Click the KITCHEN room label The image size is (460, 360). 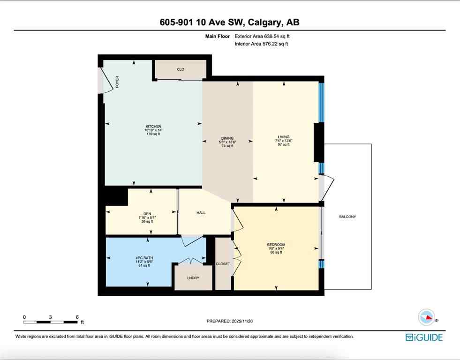(x=153, y=127)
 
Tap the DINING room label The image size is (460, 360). (x=227, y=138)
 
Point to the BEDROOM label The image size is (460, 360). (x=276, y=245)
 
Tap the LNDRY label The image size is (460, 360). (x=193, y=278)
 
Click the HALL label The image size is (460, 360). (x=201, y=213)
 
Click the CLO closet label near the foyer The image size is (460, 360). (x=181, y=69)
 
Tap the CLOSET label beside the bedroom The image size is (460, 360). (x=223, y=264)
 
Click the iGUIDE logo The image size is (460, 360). (x=424, y=337)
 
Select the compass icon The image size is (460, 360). (x=426, y=317)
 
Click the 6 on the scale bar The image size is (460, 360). (x=77, y=317)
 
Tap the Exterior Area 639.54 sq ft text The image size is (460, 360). (x=265, y=36)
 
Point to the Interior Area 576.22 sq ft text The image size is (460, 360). (x=261, y=44)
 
